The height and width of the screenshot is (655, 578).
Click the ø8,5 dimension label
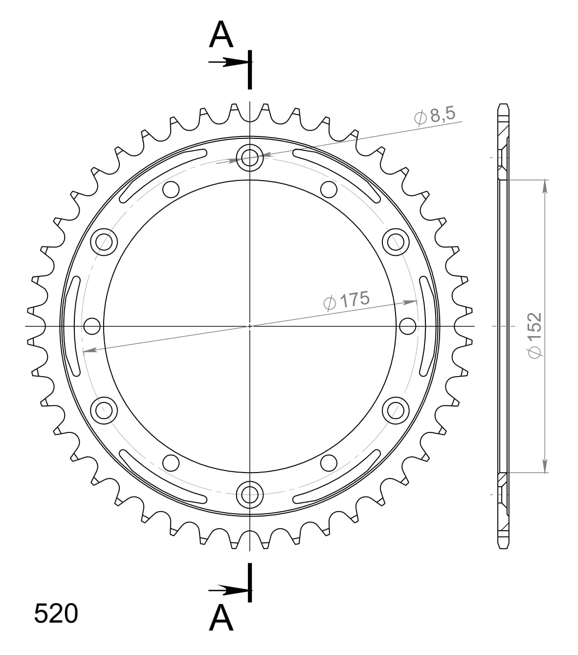(x=435, y=116)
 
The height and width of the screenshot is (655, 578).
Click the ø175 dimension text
(x=347, y=300)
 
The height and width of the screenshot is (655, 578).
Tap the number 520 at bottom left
(x=56, y=613)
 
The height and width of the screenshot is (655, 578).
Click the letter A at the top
(x=221, y=35)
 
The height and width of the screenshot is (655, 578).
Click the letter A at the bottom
(x=221, y=618)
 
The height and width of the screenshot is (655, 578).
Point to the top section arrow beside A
(x=228, y=62)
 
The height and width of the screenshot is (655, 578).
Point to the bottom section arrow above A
(x=228, y=590)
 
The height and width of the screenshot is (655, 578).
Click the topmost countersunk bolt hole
(x=250, y=157)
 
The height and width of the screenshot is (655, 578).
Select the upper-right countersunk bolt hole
(x=396, y=241)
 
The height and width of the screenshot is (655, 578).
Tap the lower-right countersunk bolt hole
(x=396, y=409)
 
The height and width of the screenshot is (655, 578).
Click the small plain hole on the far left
(x=92, y=325)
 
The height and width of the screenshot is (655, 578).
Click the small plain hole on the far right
(x=408, y=325)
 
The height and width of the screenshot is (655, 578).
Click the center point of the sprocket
(x=250, y=325)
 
